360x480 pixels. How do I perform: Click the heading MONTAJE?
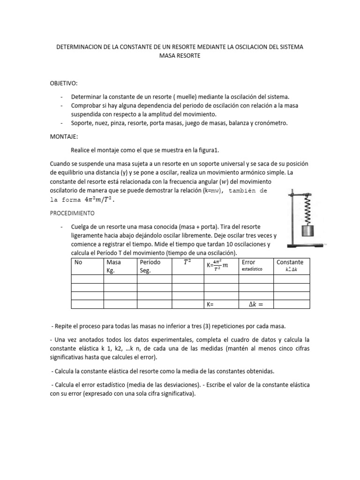(x=64, y=136)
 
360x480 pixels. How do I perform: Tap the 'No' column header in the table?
(x=78, y=262)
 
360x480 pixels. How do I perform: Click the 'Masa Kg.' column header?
(x=114, y=266)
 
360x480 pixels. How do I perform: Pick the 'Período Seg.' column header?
(x=150, y=266)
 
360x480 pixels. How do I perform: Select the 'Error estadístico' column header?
(x=251, y=266)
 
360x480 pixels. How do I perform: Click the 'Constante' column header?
(x=290, y=265)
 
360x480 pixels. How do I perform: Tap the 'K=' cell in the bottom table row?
(x=210, y=305)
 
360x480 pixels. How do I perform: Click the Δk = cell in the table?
(x=255, y=305)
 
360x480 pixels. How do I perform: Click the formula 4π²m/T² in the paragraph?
(x=99, y=199)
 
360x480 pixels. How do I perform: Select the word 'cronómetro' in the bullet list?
(x=269, y=123)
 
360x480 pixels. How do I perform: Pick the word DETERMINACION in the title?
(x=82, y=47)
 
